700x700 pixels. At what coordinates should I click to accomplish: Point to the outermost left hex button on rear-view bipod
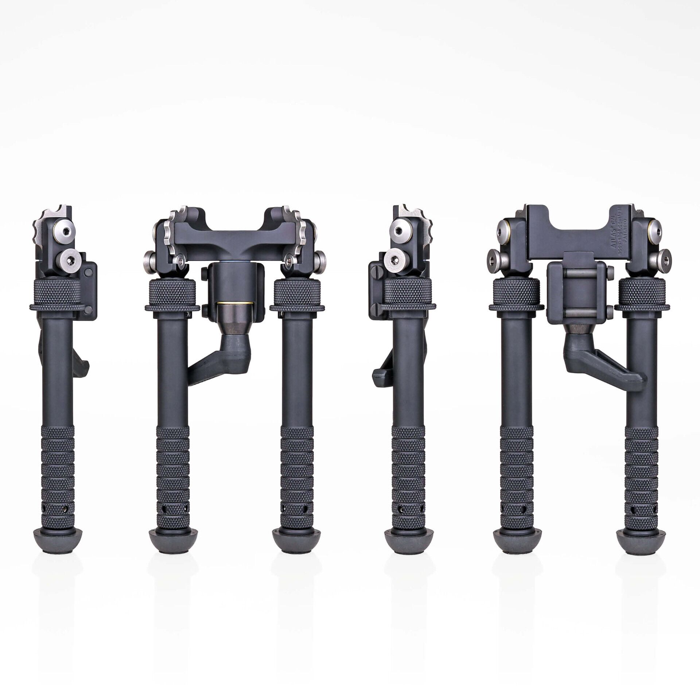point(495,258)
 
